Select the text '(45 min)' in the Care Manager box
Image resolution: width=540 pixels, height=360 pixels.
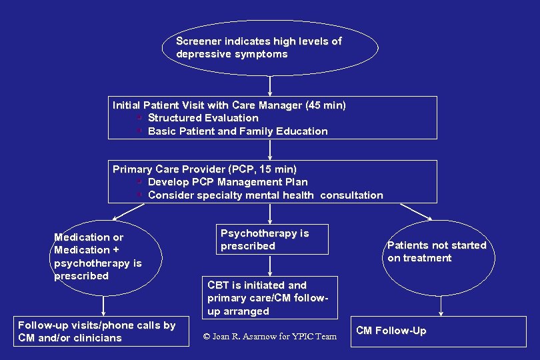pyautogui.click(x=325, y=105)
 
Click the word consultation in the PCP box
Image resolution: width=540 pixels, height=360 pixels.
pyautogui.click(x=351, y=195)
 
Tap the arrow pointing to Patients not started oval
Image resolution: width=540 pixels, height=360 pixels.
pyautogui.click(x=417, y=212)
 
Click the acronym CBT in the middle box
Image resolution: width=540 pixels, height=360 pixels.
pyautogui.click(x=219, y=285)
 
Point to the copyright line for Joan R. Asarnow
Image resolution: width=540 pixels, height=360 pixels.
pyautogui.click(x=270, y=337)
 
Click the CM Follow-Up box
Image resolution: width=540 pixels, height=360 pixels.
pyautogui.click(x=440, y=331)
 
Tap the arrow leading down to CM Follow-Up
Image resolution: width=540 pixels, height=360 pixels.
pyautogui.click(x=441, y=306)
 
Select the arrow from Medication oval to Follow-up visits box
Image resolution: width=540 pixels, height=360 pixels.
pyautogui.click(x=103, y=306)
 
